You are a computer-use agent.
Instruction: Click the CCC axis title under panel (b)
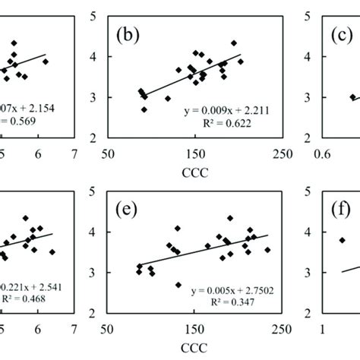[194, 174]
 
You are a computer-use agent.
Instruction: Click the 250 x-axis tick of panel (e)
[280, 328]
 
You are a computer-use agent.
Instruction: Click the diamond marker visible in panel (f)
[342, 240]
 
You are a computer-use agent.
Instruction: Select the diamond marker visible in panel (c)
[352, 97]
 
